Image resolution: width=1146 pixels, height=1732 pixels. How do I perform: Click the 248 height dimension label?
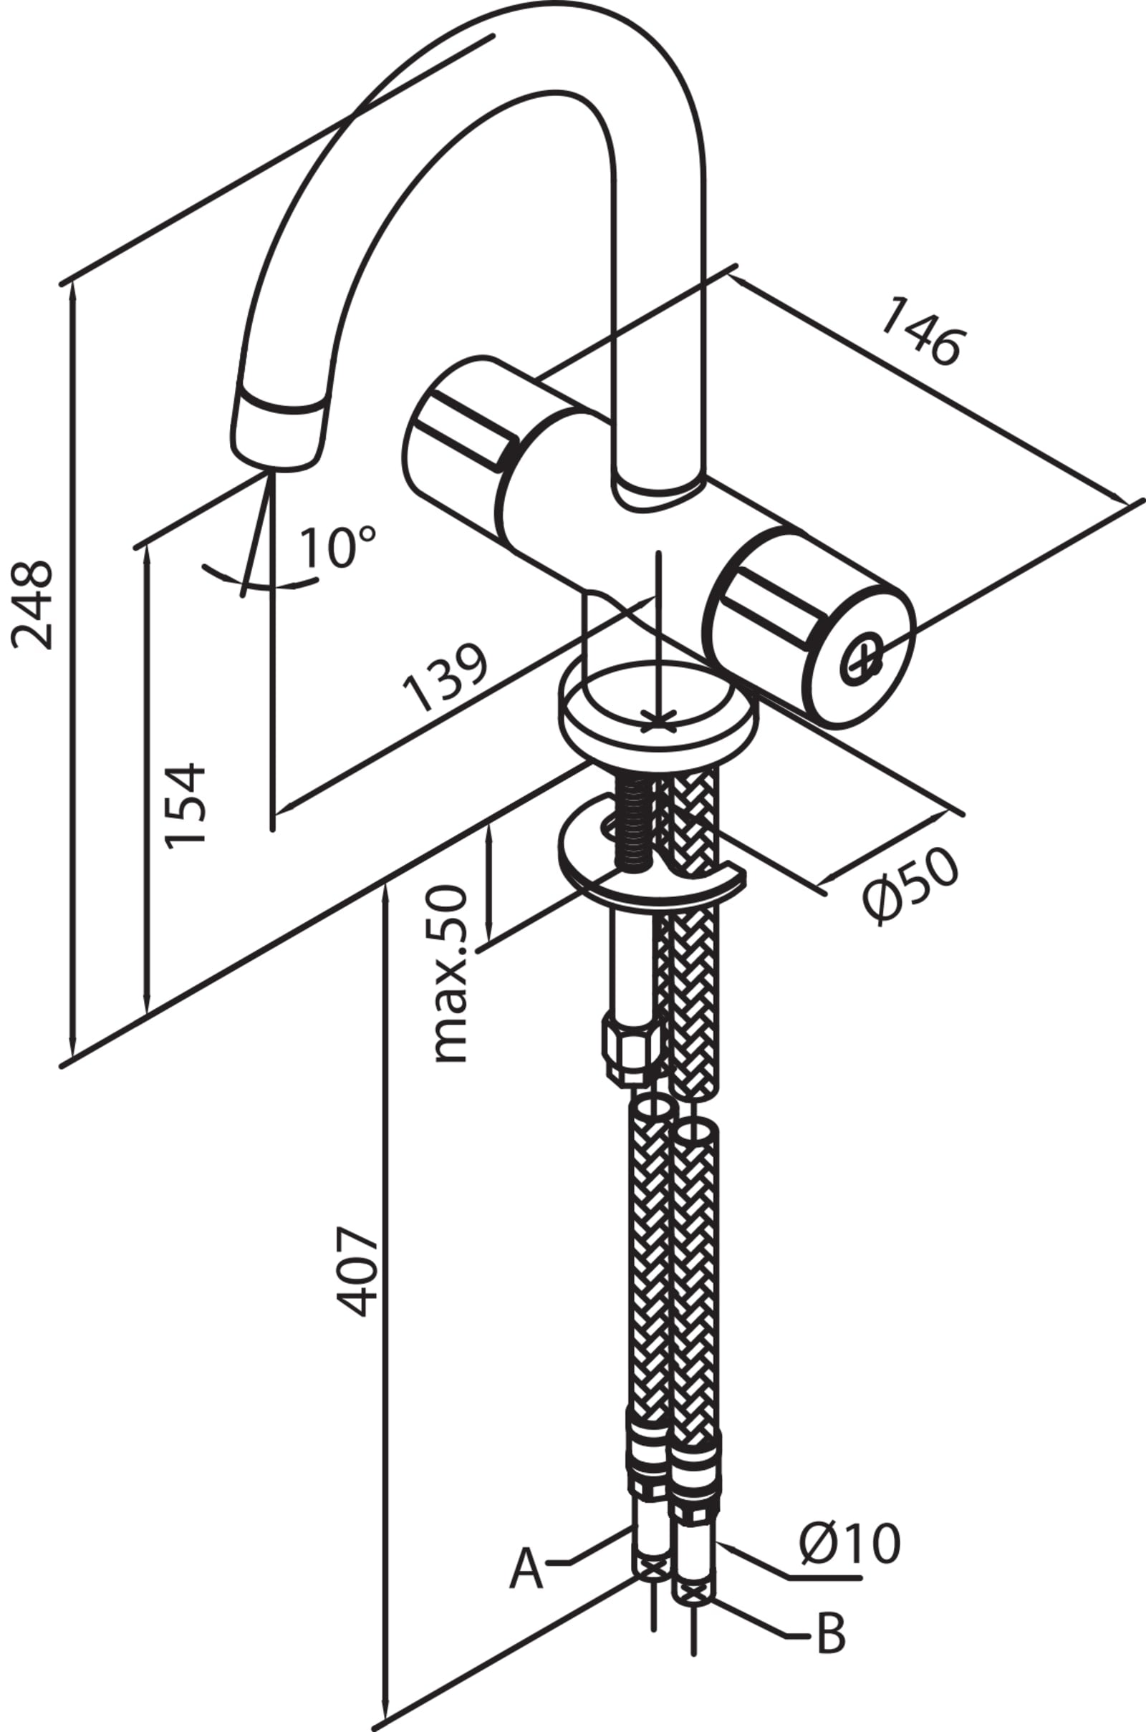33,605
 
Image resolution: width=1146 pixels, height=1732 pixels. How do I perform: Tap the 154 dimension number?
184,805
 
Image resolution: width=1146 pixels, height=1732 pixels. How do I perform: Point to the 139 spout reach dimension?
445,677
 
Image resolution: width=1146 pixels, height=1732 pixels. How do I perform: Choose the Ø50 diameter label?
909,885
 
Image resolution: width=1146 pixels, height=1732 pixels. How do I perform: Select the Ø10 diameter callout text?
849,1544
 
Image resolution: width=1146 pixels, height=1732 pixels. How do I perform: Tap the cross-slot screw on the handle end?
862,662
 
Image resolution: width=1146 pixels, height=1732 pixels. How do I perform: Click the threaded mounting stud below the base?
635,821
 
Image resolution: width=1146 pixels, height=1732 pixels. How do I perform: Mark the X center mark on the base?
658,721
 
